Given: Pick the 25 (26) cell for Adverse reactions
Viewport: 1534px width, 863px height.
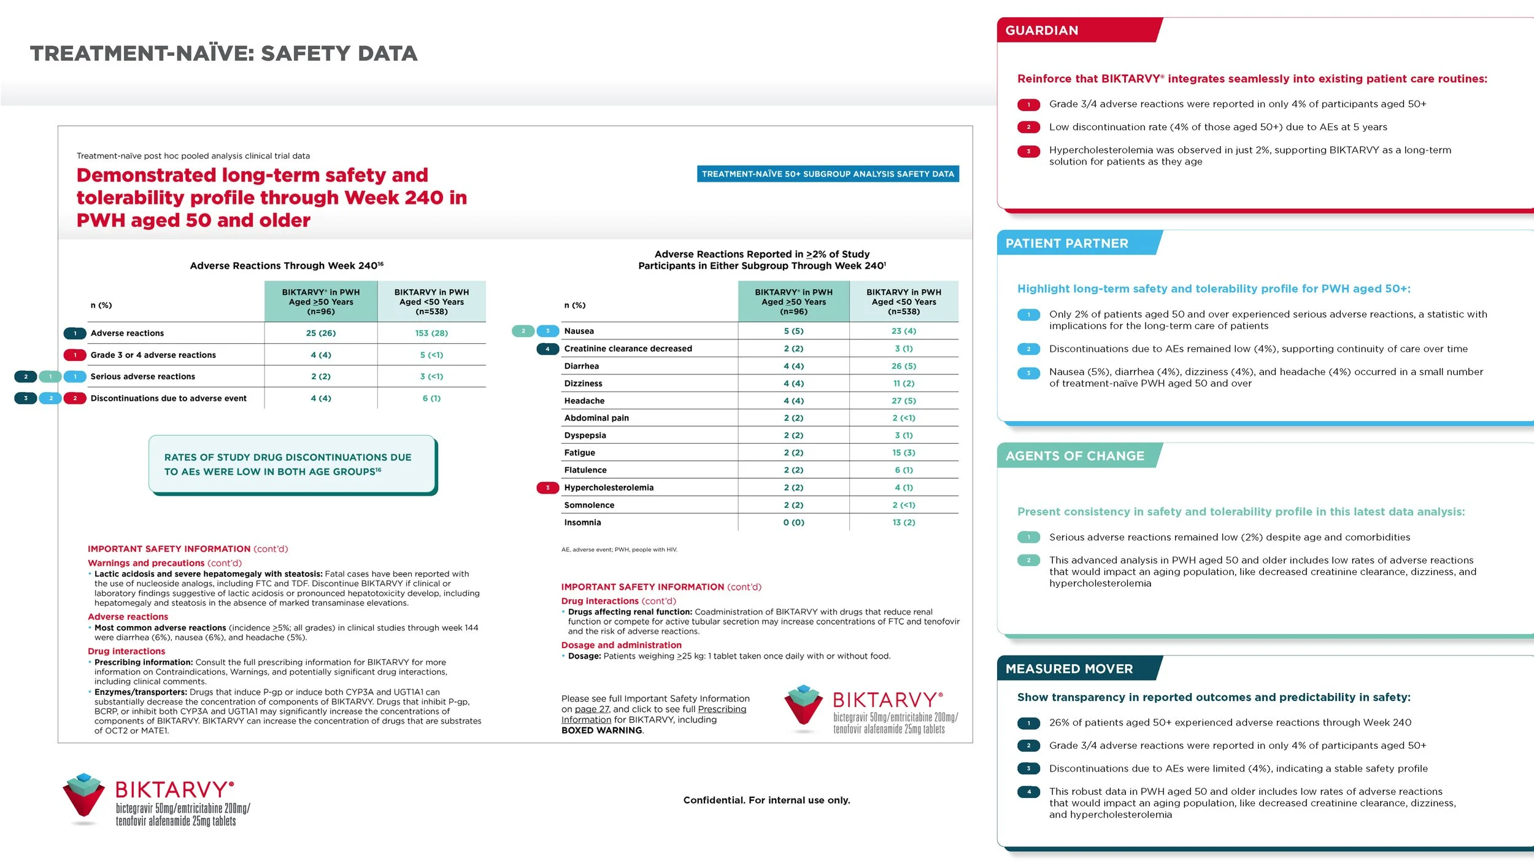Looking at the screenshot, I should click(x=321, y=333).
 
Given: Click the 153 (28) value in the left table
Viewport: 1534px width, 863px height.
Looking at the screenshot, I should click(x=431, y=333).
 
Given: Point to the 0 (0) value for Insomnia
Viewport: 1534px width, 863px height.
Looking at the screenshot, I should click(x=793, y=522).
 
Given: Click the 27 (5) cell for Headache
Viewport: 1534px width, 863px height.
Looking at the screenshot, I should click(x=904, y=401).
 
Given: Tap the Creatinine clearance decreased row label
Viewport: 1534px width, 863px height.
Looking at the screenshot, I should click(x=628, y=348).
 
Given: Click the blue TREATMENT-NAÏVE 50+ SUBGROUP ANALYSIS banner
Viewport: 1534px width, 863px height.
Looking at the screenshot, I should click(x=828, y=174).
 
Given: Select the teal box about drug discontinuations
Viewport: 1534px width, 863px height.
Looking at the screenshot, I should click(x=292, y=464).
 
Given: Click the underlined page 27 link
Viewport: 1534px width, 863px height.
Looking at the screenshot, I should click(x=592, y=709).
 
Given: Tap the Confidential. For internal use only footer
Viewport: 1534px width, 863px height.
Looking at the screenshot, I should click(x=766, y=800).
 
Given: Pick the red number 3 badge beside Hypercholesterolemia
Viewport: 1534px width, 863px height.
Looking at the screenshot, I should click(x=547, y=487).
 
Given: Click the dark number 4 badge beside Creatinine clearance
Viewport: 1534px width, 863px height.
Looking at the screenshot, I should click(x=547, y=348).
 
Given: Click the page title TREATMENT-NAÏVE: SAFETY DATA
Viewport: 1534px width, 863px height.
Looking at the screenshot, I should click(x=223, y=53).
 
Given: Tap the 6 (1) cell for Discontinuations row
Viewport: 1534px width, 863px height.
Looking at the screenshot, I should click(x=431, y=398).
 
